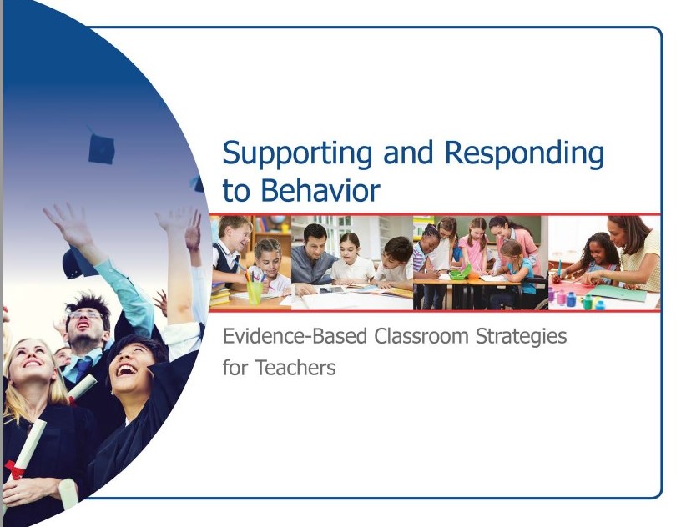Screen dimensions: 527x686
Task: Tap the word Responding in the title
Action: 524,153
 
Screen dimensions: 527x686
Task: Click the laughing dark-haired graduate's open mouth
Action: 127,370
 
